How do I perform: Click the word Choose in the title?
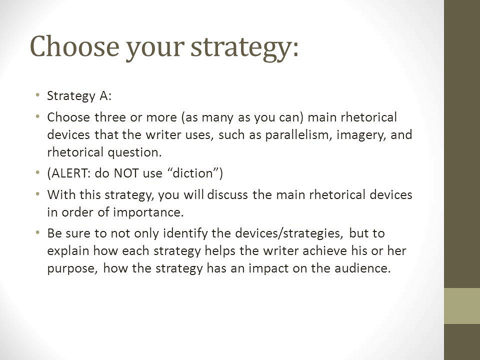click(74, 46)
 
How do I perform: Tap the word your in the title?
click(155, 49)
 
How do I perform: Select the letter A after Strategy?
click(104, 96)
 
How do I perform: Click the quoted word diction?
click(193, 173)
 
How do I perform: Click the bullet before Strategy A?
click(37, 95)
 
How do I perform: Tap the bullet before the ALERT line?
click(37, 172)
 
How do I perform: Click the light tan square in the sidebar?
click(462, 306)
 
